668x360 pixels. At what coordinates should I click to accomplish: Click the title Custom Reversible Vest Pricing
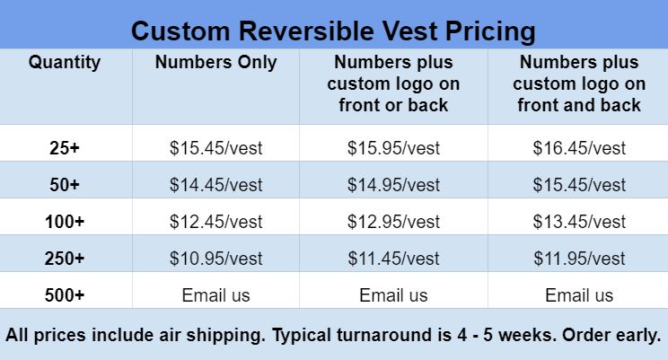[x=333, y=31]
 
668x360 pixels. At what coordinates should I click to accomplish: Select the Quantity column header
[x=65, y=63]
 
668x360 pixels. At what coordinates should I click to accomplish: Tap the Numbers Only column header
[x=216, y=63]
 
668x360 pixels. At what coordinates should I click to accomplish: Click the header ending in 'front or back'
[x=393, y=83]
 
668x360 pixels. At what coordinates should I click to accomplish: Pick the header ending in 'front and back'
[x=579, y=83]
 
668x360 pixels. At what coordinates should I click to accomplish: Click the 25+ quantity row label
[x=65, y=148]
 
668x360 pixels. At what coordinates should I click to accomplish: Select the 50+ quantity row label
[x=65, y=185]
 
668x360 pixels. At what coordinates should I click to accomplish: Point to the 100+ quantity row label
[x=65, y=222]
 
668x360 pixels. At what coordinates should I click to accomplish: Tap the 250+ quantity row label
[x=65, y=259]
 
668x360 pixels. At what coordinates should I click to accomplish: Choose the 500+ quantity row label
[x=65, y=295]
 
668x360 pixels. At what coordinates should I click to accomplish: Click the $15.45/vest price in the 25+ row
[x=216, y=148]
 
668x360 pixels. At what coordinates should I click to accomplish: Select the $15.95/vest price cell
[x=393, y=148]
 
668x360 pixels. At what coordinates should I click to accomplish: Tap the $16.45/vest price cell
[x=579, y=148]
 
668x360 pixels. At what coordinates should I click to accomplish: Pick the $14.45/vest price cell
[x=216, y=185]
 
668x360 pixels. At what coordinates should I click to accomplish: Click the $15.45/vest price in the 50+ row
[x=579, y=185]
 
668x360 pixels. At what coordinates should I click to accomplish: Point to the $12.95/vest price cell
[x=393, y=222]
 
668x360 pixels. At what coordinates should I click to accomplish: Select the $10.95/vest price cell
[x=216, y=259]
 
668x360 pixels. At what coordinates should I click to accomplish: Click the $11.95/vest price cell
[x=579, y=259]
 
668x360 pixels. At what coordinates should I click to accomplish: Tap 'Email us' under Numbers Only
[x=216, y=295]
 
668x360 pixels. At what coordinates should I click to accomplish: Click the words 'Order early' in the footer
[x=611, y=335]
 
